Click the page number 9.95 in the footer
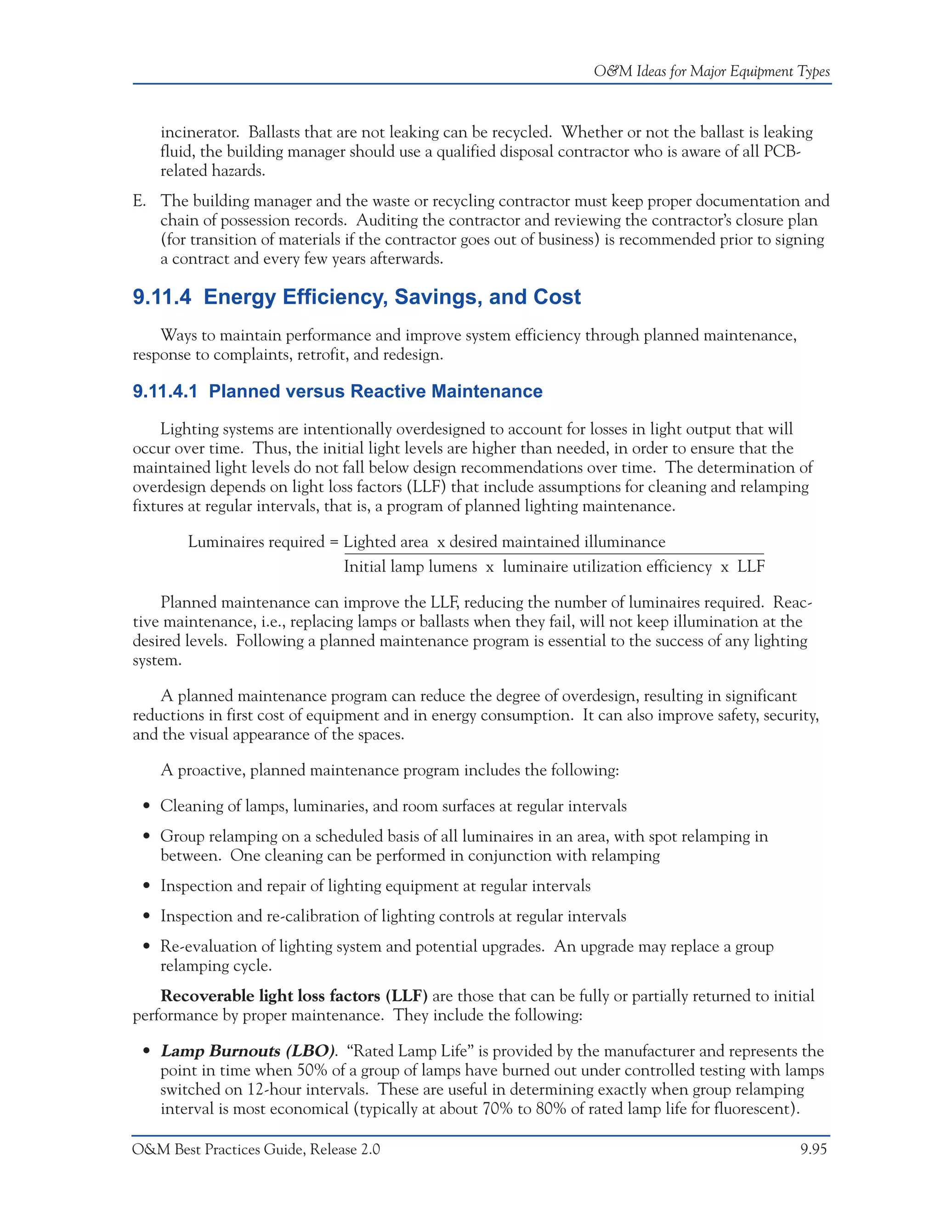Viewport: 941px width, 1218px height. click(813, 1150)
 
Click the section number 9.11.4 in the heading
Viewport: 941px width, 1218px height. click(162, 297)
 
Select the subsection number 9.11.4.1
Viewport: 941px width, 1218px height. click(165, 391)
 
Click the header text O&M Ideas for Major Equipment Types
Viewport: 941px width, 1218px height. click(711, 71)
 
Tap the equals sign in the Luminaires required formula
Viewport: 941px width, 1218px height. click(334, 542)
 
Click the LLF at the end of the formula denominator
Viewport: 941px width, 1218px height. click(751, 567)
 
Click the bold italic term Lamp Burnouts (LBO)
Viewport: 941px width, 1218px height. click(248, 1051)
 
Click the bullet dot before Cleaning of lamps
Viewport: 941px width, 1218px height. click(147, 807)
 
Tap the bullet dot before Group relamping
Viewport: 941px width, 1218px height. click(147, 837)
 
